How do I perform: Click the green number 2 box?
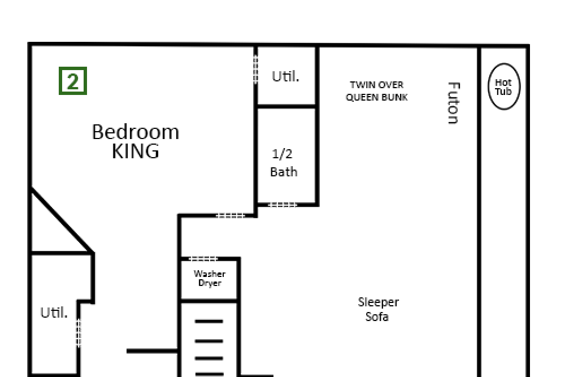[x=73, y=81]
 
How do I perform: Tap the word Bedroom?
[x=136, y=132]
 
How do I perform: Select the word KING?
[x=136, y=151]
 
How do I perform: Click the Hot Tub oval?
[x=504, y=63]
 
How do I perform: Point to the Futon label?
[x=454, y=103]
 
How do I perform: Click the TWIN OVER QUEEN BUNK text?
[x=377, y=91]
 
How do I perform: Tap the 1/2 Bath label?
[x=284, y=163]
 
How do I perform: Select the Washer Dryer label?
[x=210, y=278]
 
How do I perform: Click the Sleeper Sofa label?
[x=378, y=309]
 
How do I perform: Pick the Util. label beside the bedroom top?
[x=285, y=76]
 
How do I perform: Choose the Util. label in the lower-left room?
[x=54, y=313]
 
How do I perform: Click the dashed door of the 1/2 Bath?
[x=283, y=205]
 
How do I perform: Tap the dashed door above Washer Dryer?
[x=203, y=258]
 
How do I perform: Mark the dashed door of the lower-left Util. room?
[x=79, y=333]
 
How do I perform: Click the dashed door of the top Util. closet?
[x=255, y=70]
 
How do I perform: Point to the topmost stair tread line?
[x=209, y=321]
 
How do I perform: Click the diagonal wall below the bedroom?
[x=62, y=220]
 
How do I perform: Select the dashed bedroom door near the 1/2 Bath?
[x=231, y=215]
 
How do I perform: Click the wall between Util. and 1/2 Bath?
[x=286, y=106]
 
